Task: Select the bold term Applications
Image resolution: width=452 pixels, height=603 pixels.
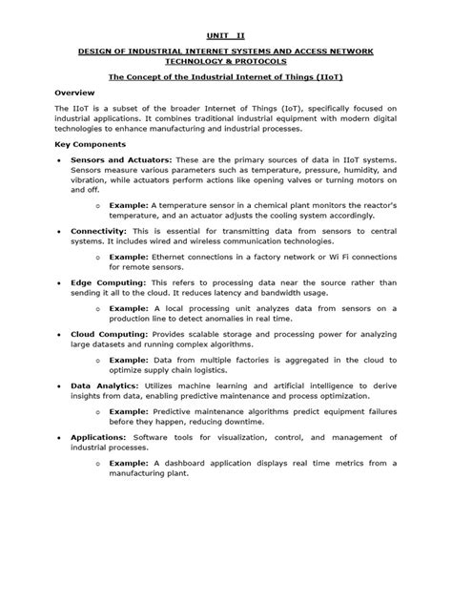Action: click(x=100, y=436)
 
